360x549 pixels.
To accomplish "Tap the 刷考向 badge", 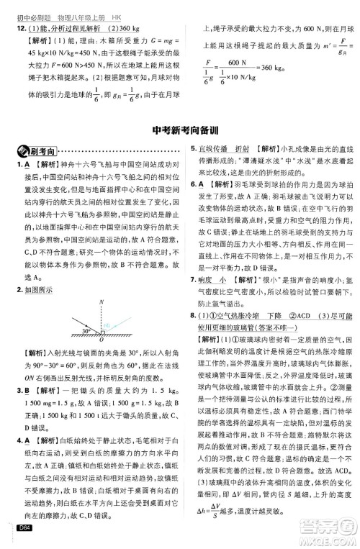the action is (37, 152).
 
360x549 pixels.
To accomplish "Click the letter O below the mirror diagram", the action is (102, 312).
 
